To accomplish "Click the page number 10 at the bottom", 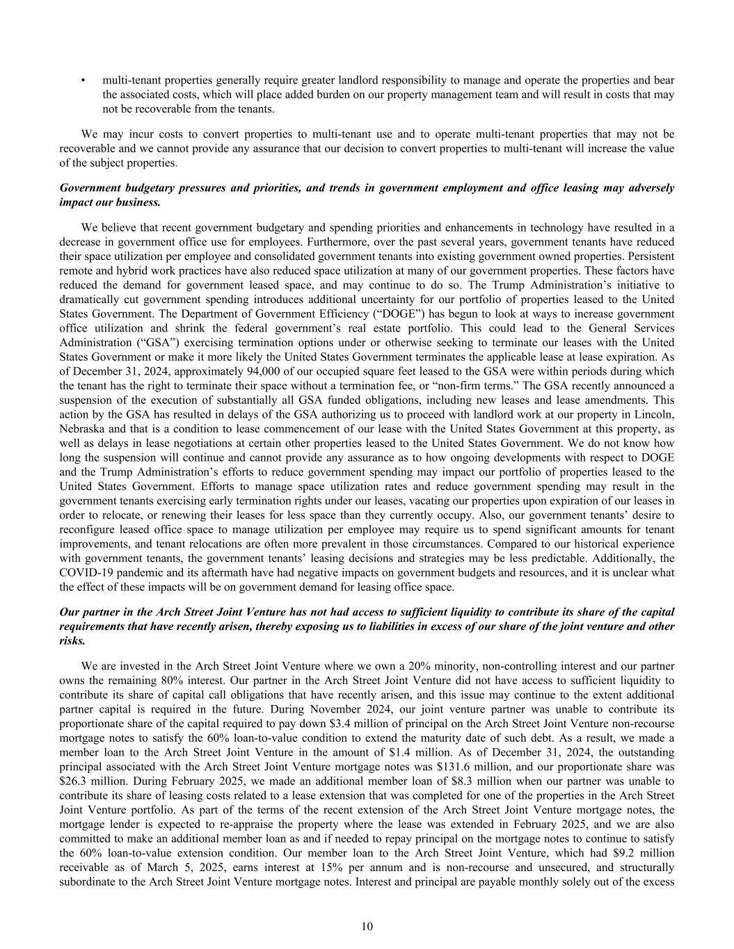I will coord(367,925).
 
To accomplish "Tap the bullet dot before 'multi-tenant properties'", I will coord(83,81).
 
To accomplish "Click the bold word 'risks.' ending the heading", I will coord(72,641).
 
